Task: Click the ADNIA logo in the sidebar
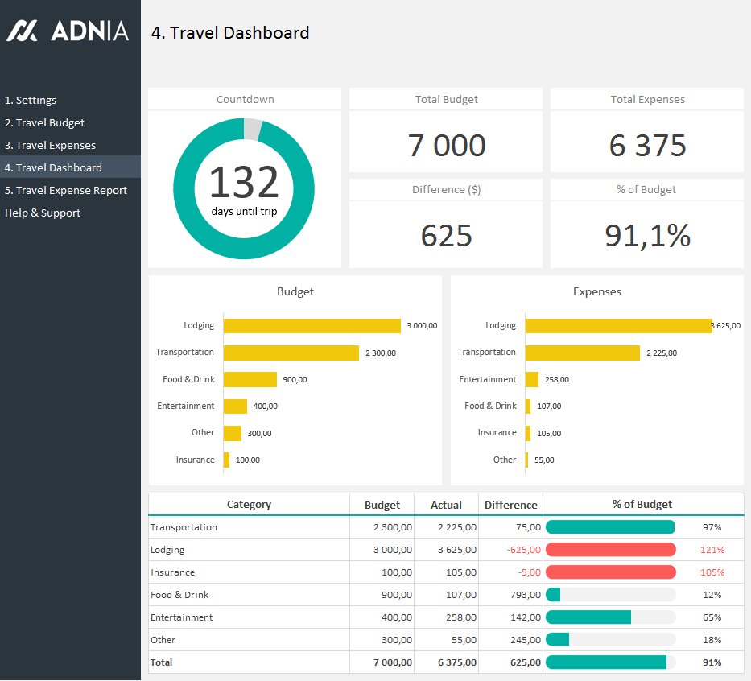click(68, 31)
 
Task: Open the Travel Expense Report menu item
click(66, 191)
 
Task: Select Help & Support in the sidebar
click(43, 213)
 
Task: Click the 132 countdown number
click(244, 183)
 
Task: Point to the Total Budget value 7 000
click(446, 146)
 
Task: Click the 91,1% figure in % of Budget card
click(647, 236)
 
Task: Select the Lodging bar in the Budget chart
click(312, 326)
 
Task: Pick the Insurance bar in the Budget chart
click(226, 460)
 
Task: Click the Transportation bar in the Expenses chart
click(582, 353)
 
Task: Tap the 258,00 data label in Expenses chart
click(556, 380)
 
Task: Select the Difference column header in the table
click(510, 506)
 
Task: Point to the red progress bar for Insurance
click(610, 572)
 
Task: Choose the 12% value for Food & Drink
click(711, 595)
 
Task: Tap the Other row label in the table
click(163, 640)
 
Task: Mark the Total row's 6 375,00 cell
click(456, 662)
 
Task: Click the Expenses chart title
click(596, 292)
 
